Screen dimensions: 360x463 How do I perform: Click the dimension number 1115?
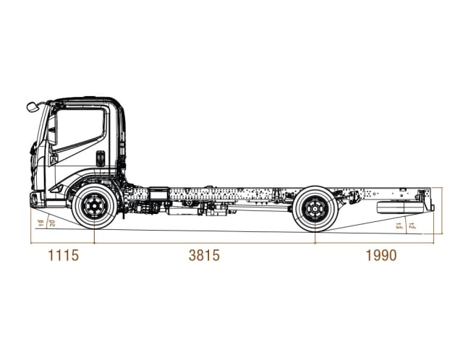pos(61,255)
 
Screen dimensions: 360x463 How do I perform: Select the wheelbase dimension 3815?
pos(203,255)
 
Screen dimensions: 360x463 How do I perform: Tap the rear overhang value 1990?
pos(381,255)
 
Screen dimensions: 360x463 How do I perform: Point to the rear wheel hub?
pos(315,209)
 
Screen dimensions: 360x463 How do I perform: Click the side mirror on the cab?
pos(32,107)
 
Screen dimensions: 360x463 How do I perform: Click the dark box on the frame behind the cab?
pos(158,194)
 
